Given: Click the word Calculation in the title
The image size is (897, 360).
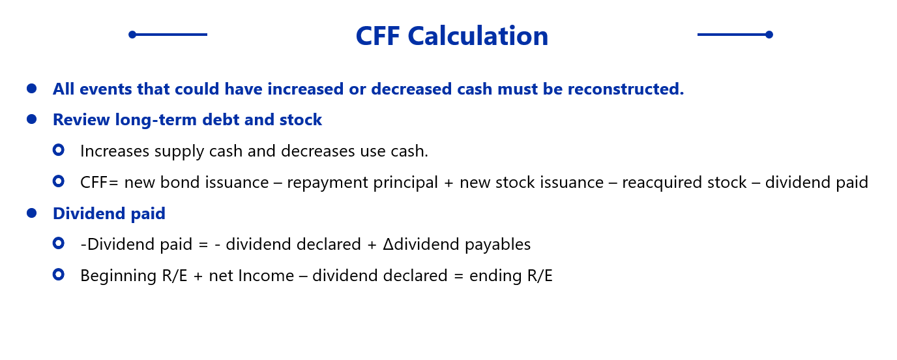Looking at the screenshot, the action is [x=478, y=36].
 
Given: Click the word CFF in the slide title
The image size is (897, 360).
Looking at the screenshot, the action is [x=377, y=36].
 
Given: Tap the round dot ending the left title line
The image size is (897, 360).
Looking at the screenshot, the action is [x=132, y=35].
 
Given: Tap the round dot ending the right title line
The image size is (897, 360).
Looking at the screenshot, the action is [x=769, y=35].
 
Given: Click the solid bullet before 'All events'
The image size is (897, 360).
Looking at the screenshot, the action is [x=32, y=88].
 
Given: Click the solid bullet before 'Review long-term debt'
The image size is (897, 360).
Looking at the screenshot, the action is [x=32, y=119].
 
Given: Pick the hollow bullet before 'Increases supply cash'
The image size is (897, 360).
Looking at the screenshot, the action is [x=59, y=150].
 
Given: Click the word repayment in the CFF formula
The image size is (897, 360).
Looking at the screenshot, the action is [x=327, y=183].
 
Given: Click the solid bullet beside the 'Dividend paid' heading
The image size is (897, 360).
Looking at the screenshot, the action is [x=32, y=213].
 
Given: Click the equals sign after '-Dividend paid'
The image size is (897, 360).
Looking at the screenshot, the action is [x=203, y=245].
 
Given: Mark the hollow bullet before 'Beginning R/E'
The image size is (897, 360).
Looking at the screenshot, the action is [x=59, y=275].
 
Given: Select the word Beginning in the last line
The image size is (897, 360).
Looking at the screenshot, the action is [x=118, y=276].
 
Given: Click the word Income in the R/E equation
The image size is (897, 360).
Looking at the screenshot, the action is [x=266, y=275].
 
